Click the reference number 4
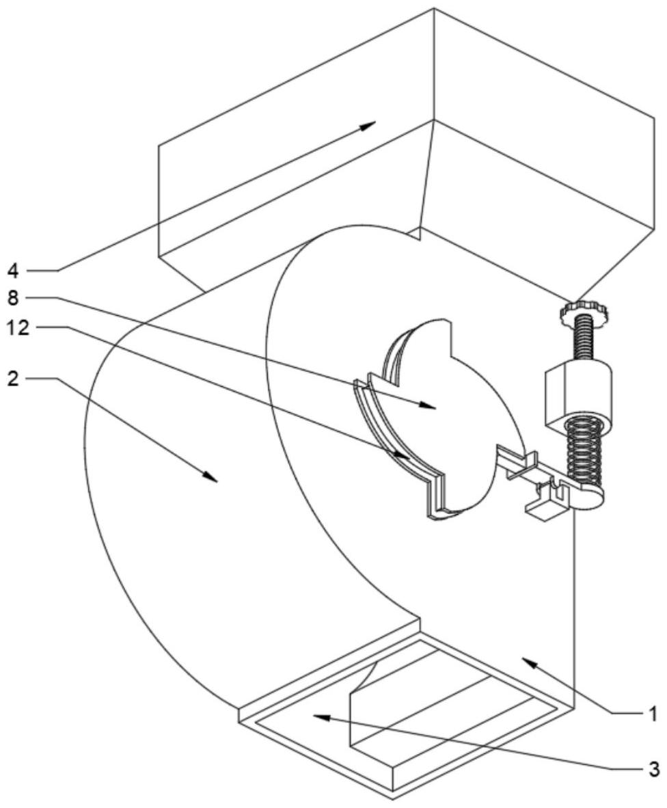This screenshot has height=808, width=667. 12,270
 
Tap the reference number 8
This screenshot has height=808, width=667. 12,299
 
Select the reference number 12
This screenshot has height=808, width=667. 18,327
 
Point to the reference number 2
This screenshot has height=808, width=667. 12,377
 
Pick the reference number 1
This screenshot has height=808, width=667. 653,714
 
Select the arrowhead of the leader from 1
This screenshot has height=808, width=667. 525,659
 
